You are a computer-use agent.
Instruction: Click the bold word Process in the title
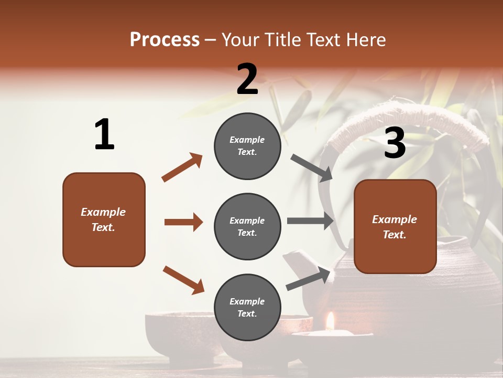point(165,39)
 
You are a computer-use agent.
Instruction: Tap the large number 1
point(104,135)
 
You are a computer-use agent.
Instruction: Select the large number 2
point(247,79)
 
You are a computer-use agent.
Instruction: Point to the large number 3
point(395,143)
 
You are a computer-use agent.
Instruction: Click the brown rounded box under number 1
point(104,219)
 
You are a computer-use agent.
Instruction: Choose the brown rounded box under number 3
point(395,226)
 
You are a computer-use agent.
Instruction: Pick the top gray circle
point(247,146)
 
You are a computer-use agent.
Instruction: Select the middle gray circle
point(247,226)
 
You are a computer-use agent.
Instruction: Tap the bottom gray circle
point(247,307)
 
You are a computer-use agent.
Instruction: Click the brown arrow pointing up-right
point(182,167)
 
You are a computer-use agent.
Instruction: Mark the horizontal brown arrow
point(183,222)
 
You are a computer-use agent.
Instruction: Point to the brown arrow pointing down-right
point(183,280)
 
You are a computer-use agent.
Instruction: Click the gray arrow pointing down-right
point(312,168)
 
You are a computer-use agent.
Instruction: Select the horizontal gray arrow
point(310,221)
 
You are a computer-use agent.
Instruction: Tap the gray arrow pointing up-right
point(309,279)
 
